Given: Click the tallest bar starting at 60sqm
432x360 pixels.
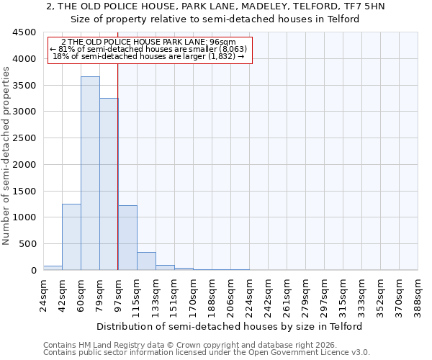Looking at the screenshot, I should coord(90,173).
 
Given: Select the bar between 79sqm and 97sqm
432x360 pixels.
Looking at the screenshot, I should coord(109,184).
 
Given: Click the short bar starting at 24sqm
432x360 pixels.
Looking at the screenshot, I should coord(53,268).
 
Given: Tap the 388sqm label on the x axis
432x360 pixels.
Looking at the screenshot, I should coord(418,295).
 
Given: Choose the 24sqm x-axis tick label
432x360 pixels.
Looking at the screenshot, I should coord(43,293).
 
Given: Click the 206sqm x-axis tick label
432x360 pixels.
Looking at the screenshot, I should coord(230,295).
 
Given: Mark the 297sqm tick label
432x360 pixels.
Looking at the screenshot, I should coord(325,295).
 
